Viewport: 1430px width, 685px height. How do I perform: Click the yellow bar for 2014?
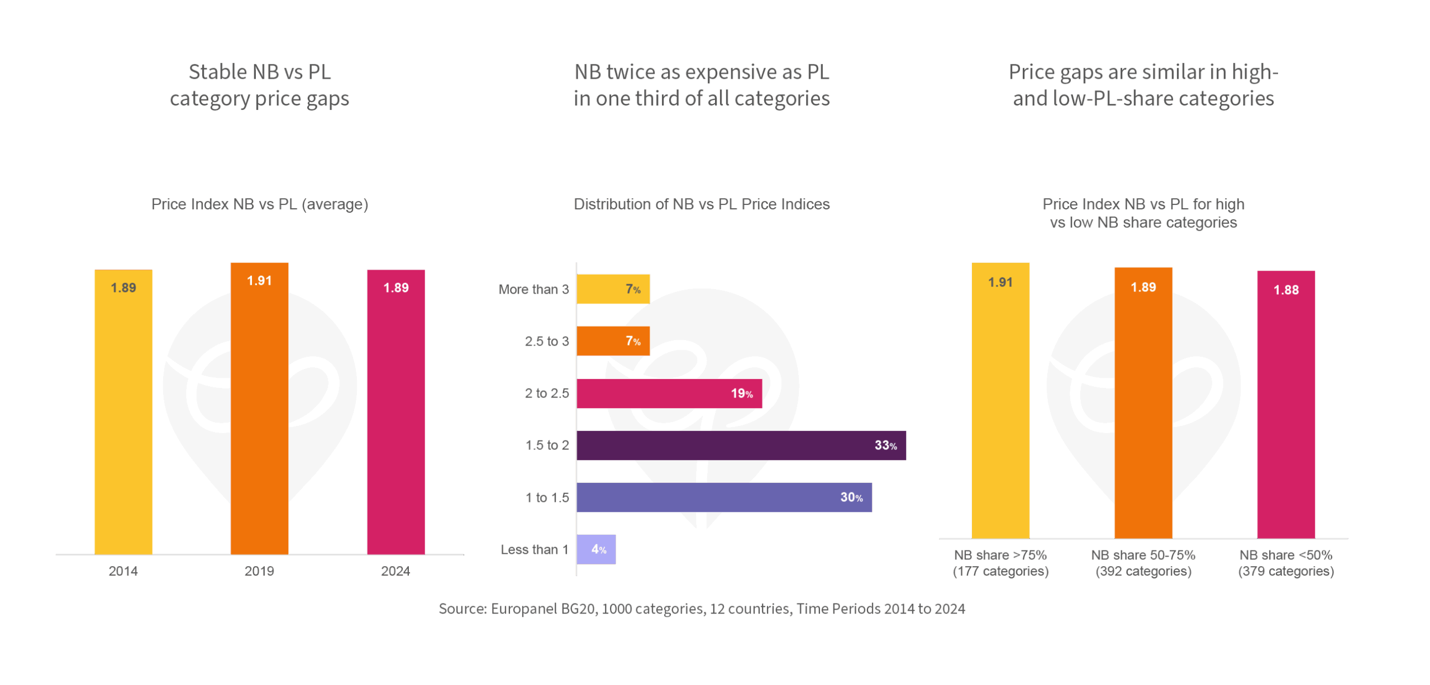123,413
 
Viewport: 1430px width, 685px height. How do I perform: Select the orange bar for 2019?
259,413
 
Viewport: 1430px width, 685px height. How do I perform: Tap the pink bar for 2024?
395,413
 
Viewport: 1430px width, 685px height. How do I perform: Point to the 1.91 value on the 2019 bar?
259,281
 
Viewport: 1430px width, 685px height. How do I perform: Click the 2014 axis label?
123,571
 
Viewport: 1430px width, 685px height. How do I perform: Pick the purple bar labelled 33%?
741,446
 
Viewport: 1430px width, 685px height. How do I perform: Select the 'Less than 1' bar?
596,549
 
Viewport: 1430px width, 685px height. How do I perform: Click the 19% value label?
742,394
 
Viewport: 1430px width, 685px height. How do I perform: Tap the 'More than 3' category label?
533,289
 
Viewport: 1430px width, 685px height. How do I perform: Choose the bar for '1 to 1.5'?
724,497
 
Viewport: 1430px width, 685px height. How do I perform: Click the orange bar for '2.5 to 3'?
613,341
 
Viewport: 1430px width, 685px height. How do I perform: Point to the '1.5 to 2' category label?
547,445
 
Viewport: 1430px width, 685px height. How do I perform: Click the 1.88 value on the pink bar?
1286,290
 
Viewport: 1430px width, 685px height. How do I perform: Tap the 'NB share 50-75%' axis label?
1143,555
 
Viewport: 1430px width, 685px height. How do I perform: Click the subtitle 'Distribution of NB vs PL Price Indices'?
702,204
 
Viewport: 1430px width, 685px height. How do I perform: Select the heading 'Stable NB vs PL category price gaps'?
260,85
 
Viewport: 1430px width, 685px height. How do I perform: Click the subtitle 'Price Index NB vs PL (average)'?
260,204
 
